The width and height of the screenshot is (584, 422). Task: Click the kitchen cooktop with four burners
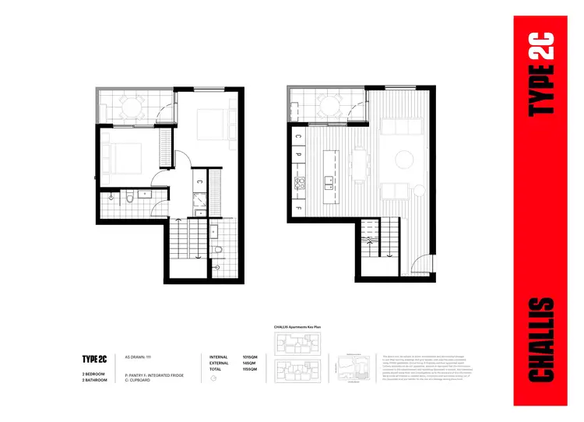coord(299,185)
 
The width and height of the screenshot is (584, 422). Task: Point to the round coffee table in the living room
coord(404,160)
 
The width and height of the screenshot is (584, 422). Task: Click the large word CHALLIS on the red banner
coord(540,339)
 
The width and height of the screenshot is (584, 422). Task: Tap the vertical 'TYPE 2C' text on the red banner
coord(540,74)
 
